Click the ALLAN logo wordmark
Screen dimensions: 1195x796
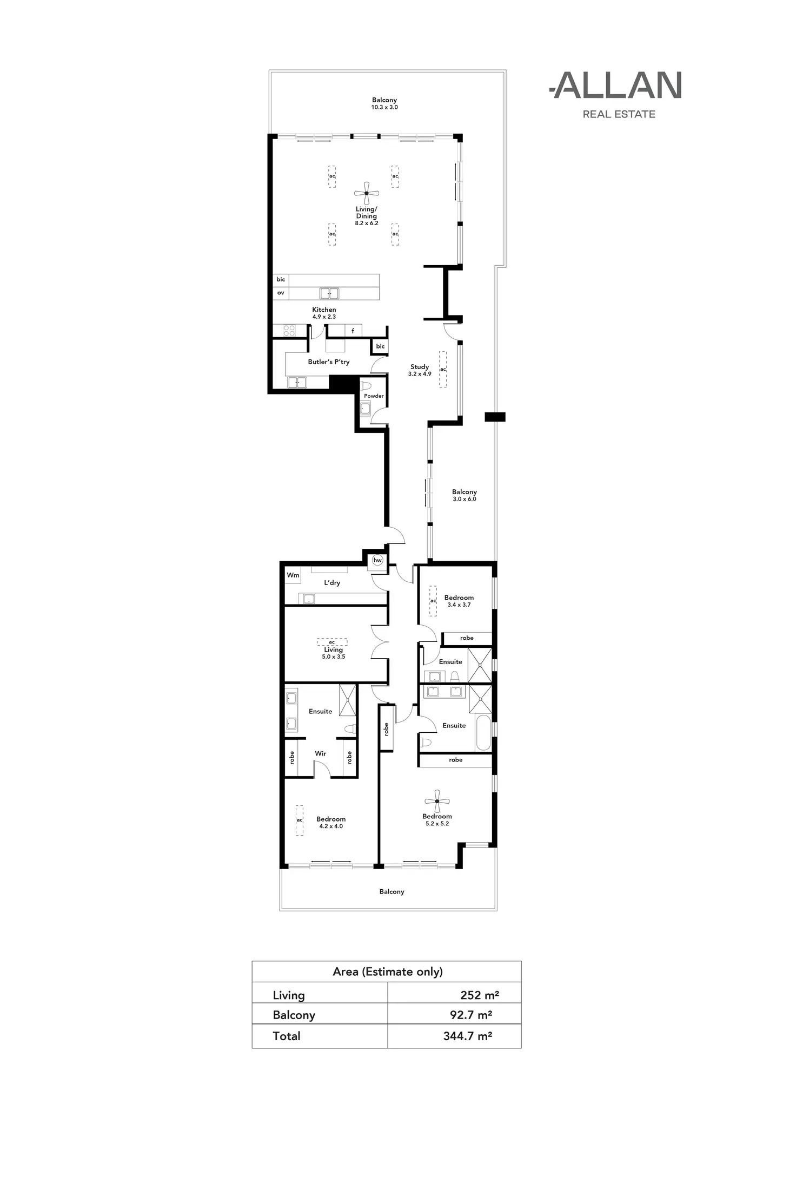click(x=616, y=86)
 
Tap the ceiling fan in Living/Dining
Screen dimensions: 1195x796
click(x=366, y=193)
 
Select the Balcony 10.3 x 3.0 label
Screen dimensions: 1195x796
click(x=384, y=103)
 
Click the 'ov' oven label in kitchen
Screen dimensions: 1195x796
click(x=281, y=293)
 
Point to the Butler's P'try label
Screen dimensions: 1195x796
click(x=328, y=362)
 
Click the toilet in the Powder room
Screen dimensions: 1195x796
click(x=366, y=386)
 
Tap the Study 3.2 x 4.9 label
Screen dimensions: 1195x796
click(x=420, y=370)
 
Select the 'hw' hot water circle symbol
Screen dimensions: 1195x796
click(x=377, y=561)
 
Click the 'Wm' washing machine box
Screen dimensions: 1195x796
click(x=293, y=575)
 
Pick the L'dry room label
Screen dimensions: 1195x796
click(x=332, y=583)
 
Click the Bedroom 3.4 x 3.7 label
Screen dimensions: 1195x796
click(x=459, y=601)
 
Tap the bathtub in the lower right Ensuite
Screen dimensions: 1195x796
click(x=483, y=733)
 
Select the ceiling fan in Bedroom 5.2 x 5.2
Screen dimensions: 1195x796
click(x=437, y=801)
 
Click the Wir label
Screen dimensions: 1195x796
click(x=321, y=753)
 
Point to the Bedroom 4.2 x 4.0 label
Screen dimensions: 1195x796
click(x=330, y=822)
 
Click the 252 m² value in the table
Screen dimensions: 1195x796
click(x=479, y=995)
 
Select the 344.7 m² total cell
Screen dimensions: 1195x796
click(x=467, y=1036)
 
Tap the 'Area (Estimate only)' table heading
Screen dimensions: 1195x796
click(x=387, y=971)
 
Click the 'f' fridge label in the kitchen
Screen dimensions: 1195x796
click(x=353, y=331)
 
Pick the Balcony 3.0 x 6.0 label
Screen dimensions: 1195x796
click(x=464, y=495)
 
